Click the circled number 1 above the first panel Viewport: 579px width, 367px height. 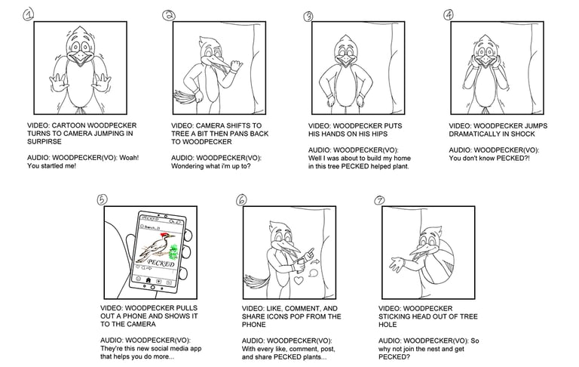(28, 13)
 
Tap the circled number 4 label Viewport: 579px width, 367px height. (449, 14)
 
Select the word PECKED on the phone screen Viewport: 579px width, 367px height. (161, 264)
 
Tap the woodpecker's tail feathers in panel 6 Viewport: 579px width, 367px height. (256, 282)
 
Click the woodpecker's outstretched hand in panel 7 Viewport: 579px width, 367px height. (394, 264)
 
